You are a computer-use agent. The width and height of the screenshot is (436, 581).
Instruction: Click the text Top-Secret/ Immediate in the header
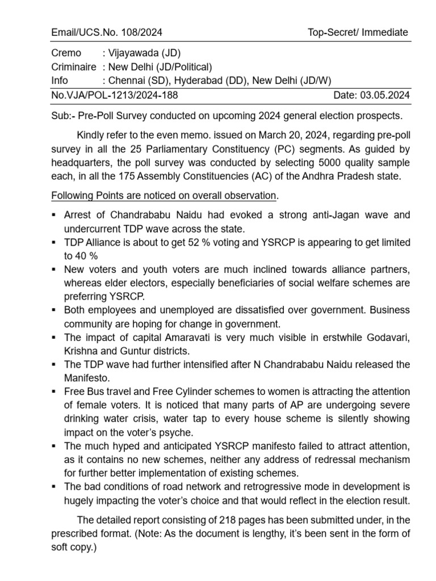point(358,32)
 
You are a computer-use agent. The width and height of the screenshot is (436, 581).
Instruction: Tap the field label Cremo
point(66,53)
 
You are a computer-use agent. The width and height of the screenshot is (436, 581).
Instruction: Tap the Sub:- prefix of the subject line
point(62,116)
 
